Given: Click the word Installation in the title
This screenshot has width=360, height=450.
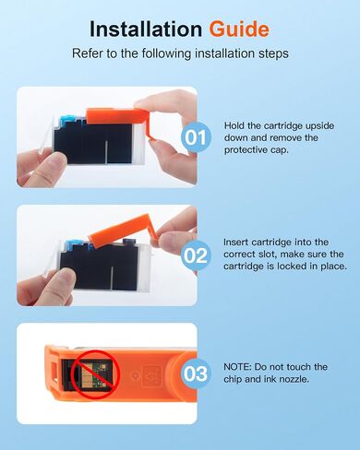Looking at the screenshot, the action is pyautogui.click(x=146, y=30).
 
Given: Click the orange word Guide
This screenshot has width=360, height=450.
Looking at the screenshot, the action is pyautogui.click(x=239, y=30).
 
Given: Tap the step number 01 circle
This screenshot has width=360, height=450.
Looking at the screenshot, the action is pyautogui.click(x=196, y=137).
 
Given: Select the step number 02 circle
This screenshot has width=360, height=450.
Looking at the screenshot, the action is pyautogui.click(x=196, y=255).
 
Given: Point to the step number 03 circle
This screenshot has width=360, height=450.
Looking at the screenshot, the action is pyautogui.click(x=196, y=373).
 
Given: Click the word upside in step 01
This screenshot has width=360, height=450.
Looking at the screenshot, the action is pyautogui.click(x=319, y=126).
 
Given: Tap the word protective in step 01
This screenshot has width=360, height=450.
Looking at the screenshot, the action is pyautogui.click(x=241, y=150).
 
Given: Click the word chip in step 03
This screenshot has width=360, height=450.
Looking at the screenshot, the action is pyautogui.click(x=233, y=380).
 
